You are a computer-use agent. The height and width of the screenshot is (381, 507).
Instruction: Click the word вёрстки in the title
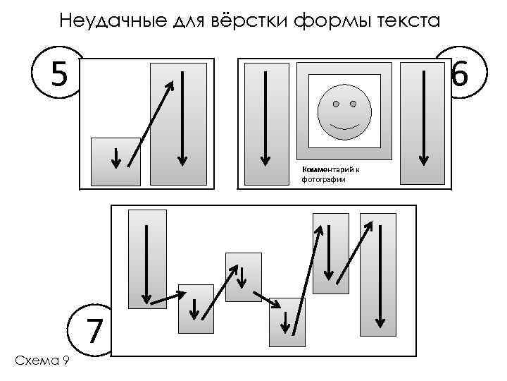click(243, 20)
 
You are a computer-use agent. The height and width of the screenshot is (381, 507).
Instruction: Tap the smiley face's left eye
click(335, 104)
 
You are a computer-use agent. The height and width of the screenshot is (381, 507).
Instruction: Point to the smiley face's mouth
click(344, 126)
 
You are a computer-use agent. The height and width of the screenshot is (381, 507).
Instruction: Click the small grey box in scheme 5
click(115, 161)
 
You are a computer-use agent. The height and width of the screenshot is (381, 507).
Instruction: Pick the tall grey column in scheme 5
click(179, 124)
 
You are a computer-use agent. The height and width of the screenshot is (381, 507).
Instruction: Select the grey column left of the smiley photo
click(265, 123)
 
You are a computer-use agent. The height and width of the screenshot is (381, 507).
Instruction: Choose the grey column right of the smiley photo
click(423, 123)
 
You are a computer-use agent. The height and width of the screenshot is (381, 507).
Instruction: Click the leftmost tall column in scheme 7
click(147, 259)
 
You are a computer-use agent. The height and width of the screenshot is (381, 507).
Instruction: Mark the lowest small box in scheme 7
click(288, 321)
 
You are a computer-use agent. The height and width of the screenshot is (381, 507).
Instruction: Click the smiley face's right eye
click(353, 104)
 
